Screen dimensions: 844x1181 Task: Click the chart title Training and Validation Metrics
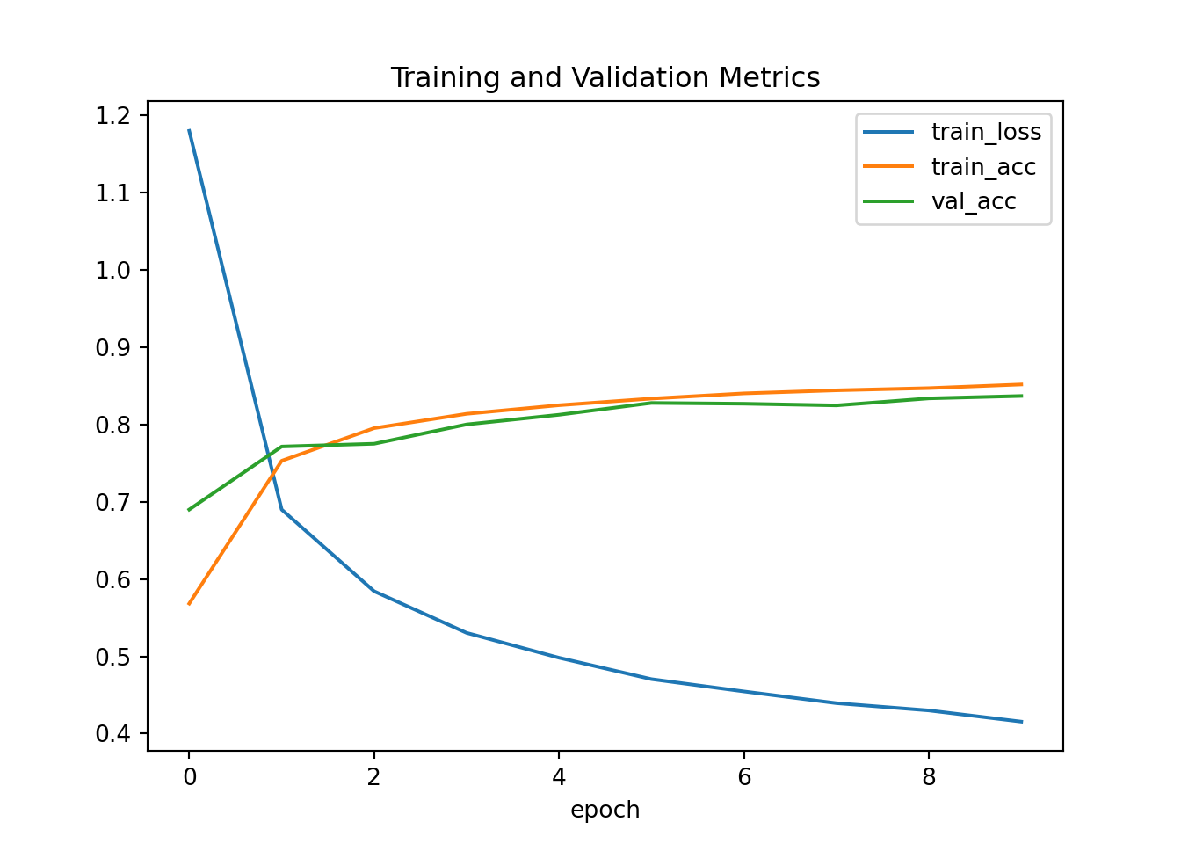(605, 78)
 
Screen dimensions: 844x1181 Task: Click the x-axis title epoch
(605, 810)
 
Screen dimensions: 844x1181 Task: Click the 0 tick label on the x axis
(189, 777)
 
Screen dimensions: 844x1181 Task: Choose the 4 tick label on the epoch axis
(559, 777)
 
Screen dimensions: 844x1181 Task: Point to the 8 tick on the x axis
(929, 777)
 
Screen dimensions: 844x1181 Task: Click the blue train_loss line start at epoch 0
(189, 130)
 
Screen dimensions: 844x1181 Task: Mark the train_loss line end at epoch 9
(1021, 722)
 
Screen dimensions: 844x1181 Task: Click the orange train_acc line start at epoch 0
(189, 604)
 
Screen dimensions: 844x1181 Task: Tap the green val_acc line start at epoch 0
(189, 510)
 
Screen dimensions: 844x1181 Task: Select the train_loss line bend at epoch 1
(281, 509)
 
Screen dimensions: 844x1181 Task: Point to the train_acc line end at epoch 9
(1021, 384)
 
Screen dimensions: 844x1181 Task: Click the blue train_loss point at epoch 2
(374, 591)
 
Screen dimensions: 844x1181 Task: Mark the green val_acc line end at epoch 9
(1021, 396)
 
